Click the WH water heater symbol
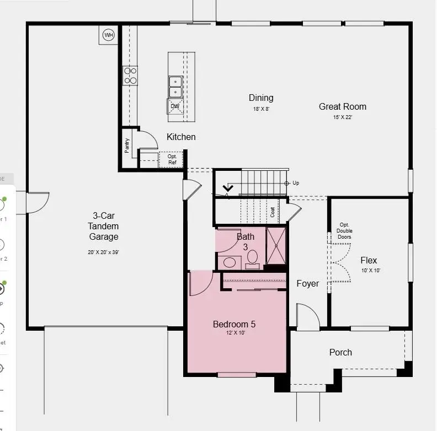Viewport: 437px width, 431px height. tap(109, 35)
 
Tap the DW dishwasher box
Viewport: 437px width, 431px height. tap(175, 106)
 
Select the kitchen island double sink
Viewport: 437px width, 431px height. tap(175, 87)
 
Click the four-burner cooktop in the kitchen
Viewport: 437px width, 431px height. tap(130, 76)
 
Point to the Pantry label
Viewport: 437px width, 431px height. tap(127, 145)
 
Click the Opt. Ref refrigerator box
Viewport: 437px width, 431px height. tap(172, 159)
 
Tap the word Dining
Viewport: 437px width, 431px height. tap(261, 98)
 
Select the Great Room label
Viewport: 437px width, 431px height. tap(342, 106)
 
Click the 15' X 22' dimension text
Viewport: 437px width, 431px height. tap(342, 117)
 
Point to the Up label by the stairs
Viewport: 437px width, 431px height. tap(296, 183)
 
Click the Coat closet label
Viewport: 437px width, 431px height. tap(273, 212)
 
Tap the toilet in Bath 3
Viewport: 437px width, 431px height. tap(253, 257)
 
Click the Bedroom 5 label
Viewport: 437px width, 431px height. tap(234, 324)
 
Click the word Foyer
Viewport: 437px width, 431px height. tap(307, 283)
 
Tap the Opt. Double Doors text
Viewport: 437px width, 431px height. tap(344, 231)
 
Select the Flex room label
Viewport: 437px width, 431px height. tap(369, 260)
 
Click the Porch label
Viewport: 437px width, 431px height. tap(340, 352)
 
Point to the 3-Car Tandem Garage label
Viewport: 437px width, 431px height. tap(103, 226)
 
